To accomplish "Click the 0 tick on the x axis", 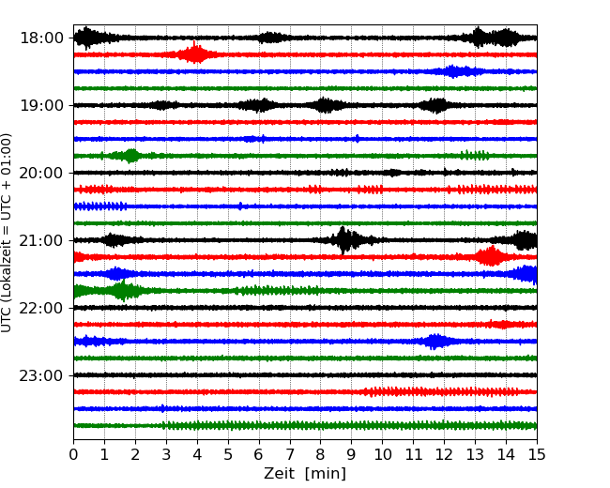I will (x=74, y=455).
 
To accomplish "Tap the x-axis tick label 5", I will (x=228, y=455).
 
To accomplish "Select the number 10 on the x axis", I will (x=382, y=455).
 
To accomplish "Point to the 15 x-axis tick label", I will (x=536, y=455).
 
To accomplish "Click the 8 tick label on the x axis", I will (x=321, y=455).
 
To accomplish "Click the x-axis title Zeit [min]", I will (x=305, y=474).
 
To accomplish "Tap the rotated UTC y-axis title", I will (x=8, y=232).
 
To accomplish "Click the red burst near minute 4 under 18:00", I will (x=195, y=53).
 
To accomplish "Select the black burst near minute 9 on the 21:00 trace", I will (x=345, y=240).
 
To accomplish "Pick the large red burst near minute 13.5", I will (x=490, y=256).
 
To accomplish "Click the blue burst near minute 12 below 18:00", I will (x=457, y=71).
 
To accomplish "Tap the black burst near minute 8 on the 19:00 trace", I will (x=325, y=105).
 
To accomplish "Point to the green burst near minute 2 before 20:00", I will (x=130, y=156).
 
